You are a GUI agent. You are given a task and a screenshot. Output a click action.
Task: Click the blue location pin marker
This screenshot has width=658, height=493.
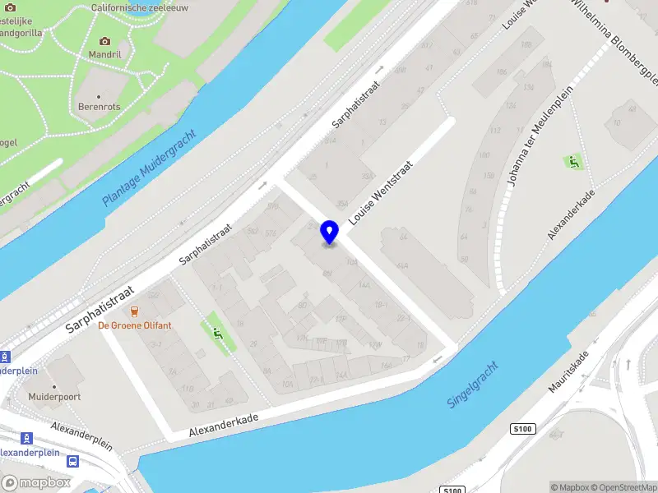(329, 233)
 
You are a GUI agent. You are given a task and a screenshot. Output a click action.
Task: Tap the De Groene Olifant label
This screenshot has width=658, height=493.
(135, 325)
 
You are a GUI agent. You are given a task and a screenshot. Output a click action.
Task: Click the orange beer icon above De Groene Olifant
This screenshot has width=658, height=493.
(134, 311)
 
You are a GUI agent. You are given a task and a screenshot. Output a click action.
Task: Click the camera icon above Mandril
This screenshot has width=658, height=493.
(104, 41)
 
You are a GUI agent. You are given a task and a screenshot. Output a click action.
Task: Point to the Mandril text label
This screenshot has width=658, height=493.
(105, 54)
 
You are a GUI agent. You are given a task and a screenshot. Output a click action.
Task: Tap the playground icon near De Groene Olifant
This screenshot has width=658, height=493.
(217, 333)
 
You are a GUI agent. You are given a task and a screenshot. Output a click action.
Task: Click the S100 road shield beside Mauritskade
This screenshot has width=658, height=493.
(522, 429)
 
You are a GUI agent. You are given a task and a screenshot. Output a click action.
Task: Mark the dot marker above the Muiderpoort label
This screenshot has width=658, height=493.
(55, 386)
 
